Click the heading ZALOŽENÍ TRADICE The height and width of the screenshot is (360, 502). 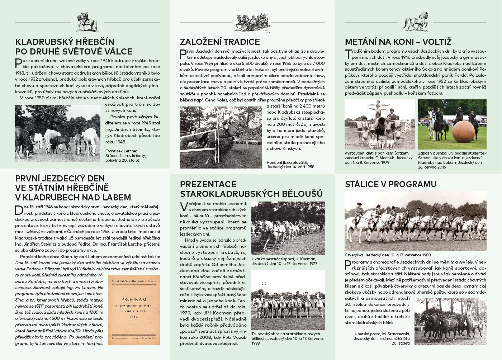[220, 42]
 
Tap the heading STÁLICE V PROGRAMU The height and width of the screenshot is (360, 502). [390, 184]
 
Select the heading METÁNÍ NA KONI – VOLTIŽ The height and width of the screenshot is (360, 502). [398, 42]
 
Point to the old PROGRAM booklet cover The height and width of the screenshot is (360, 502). [134, 310]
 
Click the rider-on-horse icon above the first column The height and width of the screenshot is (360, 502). [87, 22]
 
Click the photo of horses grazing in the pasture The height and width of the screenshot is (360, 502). [58, 133]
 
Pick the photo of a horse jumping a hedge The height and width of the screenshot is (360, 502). [221, 137]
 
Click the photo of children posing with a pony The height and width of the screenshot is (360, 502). [379, 124]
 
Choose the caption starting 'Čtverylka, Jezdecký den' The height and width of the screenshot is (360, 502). [387, 255]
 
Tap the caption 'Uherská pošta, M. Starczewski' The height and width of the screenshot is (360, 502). [382, 338]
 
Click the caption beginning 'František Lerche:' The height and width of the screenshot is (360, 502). [125, 156]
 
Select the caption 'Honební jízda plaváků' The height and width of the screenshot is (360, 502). [290, 165]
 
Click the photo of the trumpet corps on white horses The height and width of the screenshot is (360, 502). [288, 299]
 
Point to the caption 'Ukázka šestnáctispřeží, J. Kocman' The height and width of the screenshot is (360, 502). [284, 261]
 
